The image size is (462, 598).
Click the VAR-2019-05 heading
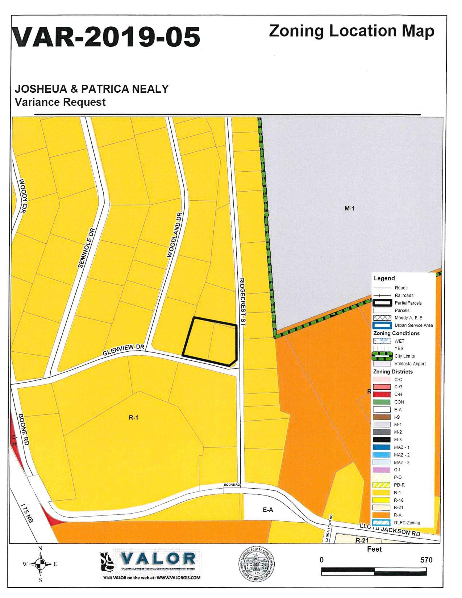pos(107,37)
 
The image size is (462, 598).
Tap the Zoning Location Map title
pos(351,31)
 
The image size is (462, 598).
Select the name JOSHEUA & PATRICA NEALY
pos(92,89)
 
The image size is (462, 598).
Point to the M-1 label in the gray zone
pos(349,208)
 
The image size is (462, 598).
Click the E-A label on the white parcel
pos(268,510)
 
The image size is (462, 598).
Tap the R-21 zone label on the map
pos(362,540)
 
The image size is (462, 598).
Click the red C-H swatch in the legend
pos(382,394)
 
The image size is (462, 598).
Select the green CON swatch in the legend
pos(382,402)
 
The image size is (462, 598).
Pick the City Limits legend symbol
pos(382,356)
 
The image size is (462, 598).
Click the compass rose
pos(40,564)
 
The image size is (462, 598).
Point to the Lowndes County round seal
pos(256,564)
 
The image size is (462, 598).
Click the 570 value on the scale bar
pos(426,560)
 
